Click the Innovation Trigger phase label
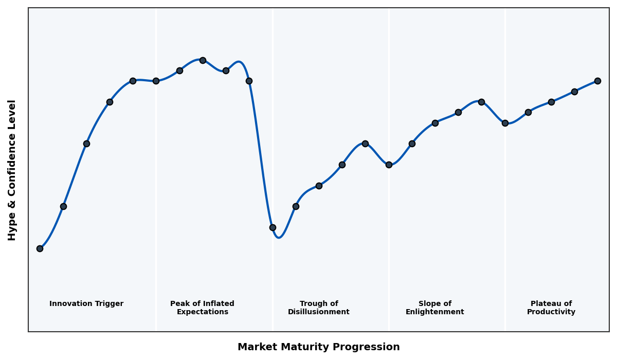[86, 304]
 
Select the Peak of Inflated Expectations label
[202, 308]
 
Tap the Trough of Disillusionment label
[319, 308]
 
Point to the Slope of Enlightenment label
[435, 308]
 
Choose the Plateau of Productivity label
[551, 308]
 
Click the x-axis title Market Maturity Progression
[319, 347]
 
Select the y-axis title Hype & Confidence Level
[12, 170]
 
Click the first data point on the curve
[40, 248]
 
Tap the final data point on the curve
[597, 81]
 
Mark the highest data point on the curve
[203, 60]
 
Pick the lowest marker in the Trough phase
[273, 227]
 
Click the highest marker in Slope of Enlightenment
[481, 102]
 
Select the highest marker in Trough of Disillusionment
[365, 143]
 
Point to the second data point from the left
[63, 206]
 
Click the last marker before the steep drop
[249, 81]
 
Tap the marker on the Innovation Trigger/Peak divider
[156, 81]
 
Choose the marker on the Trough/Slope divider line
[389, 165]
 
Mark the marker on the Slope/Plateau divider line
[505, 123]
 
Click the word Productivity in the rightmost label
[551, 312]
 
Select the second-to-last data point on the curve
[574, 92]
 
